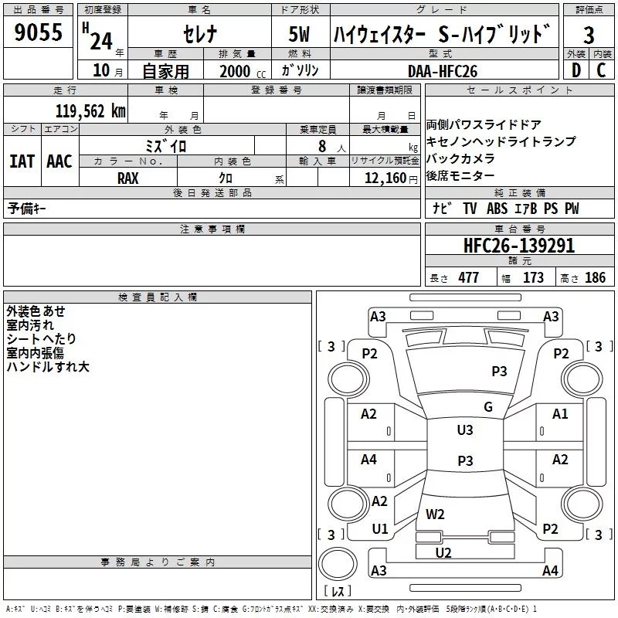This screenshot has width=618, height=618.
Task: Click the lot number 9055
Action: (38, 34)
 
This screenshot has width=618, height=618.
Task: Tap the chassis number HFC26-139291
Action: (518, 246)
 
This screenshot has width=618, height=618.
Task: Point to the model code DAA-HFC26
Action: (443, 70)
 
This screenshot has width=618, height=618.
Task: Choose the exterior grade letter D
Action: (576, 70)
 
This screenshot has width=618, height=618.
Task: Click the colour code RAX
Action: (128, 178)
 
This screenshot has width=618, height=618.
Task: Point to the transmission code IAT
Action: (22, 161)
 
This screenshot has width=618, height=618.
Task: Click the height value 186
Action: (595, 278)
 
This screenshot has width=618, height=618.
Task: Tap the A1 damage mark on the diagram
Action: (560, 414)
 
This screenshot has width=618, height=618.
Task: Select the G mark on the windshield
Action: (487, 407)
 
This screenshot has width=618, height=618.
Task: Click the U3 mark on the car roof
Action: (465, 430)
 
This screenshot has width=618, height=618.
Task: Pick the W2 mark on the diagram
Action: (435, 514)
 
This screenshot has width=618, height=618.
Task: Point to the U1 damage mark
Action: (380, 529)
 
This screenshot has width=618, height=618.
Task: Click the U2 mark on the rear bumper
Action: (443, 552)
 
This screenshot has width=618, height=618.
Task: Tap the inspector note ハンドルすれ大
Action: (48, 367)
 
